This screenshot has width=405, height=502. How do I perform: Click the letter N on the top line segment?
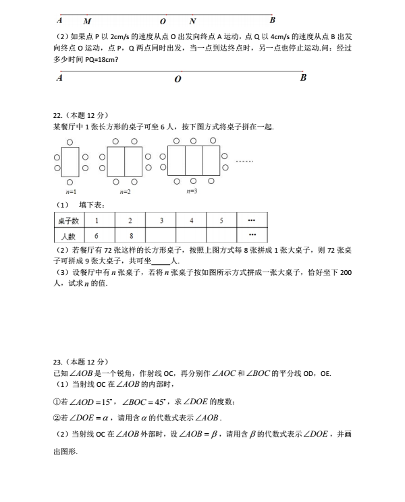(x=192, y=21)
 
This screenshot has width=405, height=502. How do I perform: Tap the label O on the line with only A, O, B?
(x=178, y=80)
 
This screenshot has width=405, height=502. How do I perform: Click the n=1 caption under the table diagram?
(x=71, y=191)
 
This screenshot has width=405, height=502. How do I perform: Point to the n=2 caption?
(x=125, y=191)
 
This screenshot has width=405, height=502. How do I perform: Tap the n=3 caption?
(x=192, y=191)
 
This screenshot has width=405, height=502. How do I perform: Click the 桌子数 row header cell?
(x=68, y=220)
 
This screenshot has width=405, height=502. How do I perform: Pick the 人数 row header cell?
(x=68, y=236)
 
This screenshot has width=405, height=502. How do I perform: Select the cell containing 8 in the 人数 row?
(x=130, y=236)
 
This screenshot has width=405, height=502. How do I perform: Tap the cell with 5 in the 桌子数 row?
(x=221, y=220)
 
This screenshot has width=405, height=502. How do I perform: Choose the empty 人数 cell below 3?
(x=161, y=236)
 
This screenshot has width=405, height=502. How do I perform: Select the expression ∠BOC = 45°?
(x=146, y=402)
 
